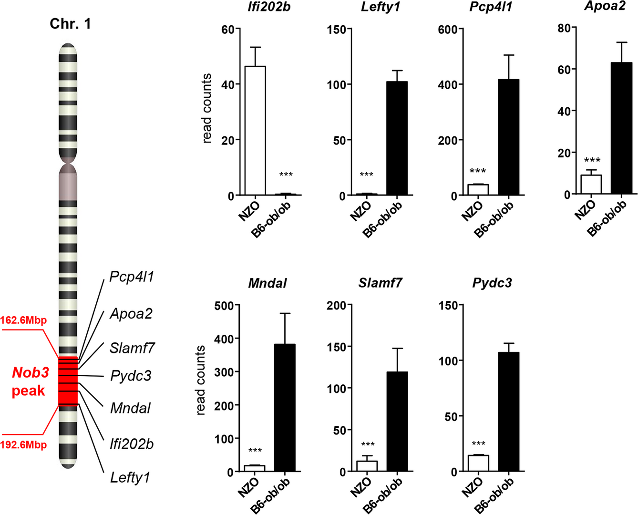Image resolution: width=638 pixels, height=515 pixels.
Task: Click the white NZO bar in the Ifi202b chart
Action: (255, 131)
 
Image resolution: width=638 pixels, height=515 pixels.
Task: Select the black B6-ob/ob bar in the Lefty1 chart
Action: (397, 138)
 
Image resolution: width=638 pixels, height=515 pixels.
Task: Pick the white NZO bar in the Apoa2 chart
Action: (591, 184)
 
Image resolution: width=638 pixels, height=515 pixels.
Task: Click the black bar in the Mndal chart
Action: (285, 408)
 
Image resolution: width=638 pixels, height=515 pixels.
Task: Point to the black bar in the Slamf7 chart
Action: (397, 422)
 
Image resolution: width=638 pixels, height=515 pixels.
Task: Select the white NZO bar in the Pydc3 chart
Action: (478, 463)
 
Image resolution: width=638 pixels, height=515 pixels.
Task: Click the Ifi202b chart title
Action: (269, 8)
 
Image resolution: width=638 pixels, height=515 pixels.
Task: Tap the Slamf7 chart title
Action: (380, 283)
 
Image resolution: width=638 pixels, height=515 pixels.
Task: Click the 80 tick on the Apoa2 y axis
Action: (564, 28)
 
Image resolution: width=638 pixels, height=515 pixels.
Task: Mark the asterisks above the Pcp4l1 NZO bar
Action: (478, 171)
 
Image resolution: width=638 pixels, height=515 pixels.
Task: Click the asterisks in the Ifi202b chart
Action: (286, 175)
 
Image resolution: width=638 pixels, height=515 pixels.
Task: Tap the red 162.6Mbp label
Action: (23, 320)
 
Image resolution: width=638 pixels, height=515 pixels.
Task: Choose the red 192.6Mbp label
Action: (23, 445)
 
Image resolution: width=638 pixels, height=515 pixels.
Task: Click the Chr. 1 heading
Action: (70, 24)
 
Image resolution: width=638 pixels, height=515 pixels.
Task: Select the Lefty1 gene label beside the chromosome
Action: (130, 477)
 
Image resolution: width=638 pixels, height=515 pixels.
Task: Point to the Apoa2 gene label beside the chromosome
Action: (131, 314)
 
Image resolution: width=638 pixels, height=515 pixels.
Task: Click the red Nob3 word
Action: (31, 372)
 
